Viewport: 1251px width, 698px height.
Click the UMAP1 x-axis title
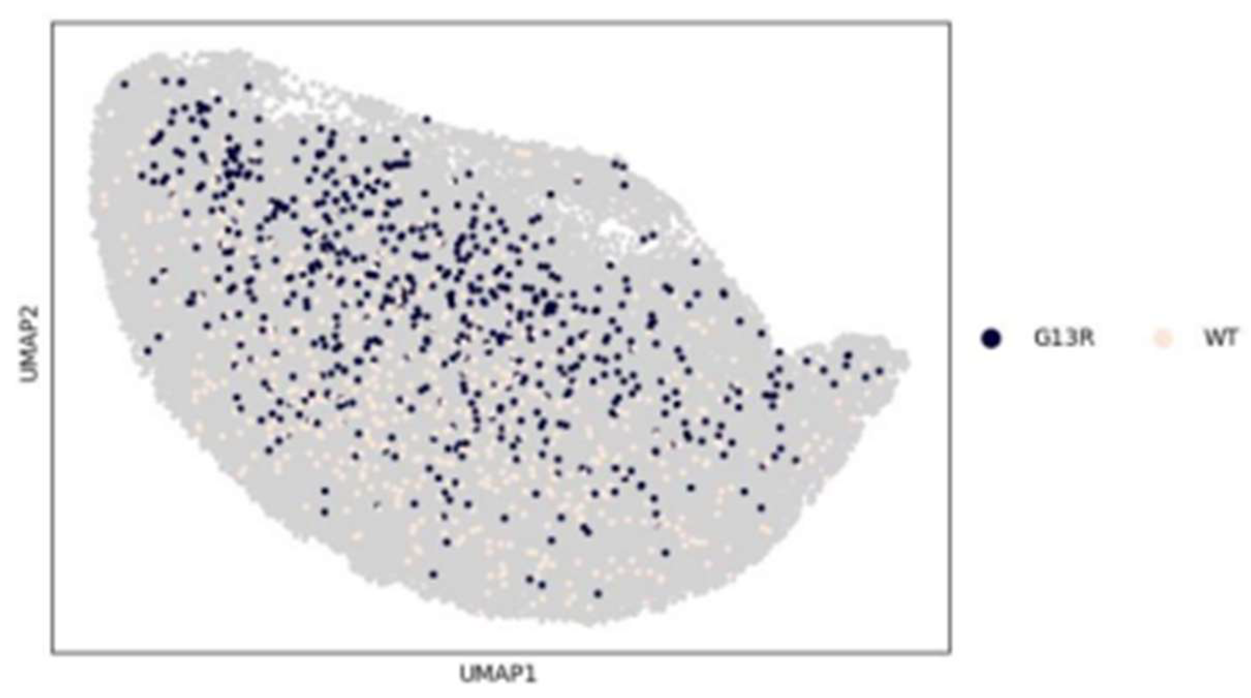click(497, 674)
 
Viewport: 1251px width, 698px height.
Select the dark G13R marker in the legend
click(991, 339)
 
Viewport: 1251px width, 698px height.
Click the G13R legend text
click(1064, 338)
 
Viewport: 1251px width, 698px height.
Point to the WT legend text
click(1220, 338)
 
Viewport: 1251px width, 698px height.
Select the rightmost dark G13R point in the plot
click(880, 372)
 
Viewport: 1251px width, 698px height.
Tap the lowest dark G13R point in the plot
click(598, 594)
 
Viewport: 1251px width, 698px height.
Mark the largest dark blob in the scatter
click(549, 308)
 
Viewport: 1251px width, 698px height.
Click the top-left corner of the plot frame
click(52, 23)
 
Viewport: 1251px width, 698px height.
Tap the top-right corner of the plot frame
click(950, 23)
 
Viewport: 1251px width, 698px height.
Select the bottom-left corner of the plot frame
click(52, 653)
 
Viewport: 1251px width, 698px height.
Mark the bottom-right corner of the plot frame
click(950, 653)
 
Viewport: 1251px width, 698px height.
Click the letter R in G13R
click(1087, 338)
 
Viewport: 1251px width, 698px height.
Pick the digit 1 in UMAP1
click(530, 674)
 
